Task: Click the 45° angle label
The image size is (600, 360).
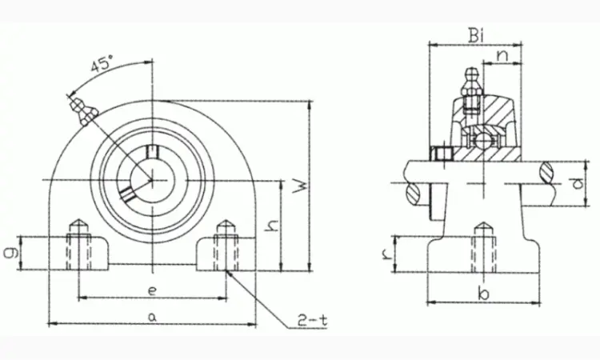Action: [102, 64]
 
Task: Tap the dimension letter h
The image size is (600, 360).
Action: [272, 226]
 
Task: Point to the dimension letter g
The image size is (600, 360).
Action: [12, 253]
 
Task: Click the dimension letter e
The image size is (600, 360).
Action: [152, 291]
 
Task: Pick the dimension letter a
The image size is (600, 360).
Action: [152, 317]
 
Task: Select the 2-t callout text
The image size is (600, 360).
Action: [313, 321]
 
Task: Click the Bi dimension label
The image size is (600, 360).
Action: [477, 36]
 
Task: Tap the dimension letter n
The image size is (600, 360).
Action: [503, 56]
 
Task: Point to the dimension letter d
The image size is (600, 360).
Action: [578, 183]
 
